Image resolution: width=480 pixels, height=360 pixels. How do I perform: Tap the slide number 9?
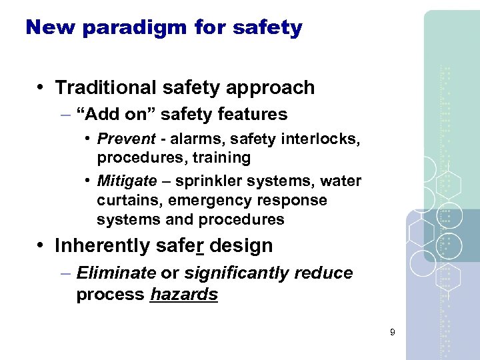pyautogui.click(x=393, y=331)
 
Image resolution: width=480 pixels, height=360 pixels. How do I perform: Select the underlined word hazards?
pyautogui.click(x=184, y=295)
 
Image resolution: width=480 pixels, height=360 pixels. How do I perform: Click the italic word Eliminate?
pyautogui.click(x=117, y=273)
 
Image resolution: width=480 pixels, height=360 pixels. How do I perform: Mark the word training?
pyautogui.click(x=221, y=158)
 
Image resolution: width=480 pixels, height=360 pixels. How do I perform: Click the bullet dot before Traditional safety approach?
pyautogui.click(x=41, y=87)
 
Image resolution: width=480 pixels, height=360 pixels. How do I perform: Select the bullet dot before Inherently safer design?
pyautogui.click(x=41, y=245)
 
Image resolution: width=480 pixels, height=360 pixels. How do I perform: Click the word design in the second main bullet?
pyautogui.click(x=243, y=245)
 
